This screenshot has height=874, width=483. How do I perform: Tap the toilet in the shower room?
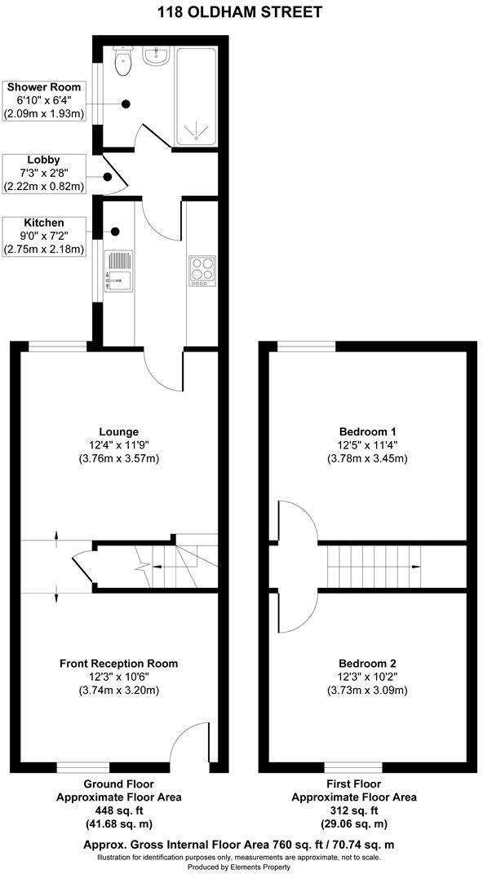coord(124,62)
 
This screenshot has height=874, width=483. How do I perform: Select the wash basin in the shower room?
coord(155,55)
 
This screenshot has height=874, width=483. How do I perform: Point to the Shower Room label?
coord(43,87)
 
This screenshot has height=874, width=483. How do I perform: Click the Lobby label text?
coord(43,160)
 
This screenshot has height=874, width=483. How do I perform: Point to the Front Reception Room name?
coord(118,663)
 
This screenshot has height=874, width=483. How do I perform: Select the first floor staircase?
coord(375,566)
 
